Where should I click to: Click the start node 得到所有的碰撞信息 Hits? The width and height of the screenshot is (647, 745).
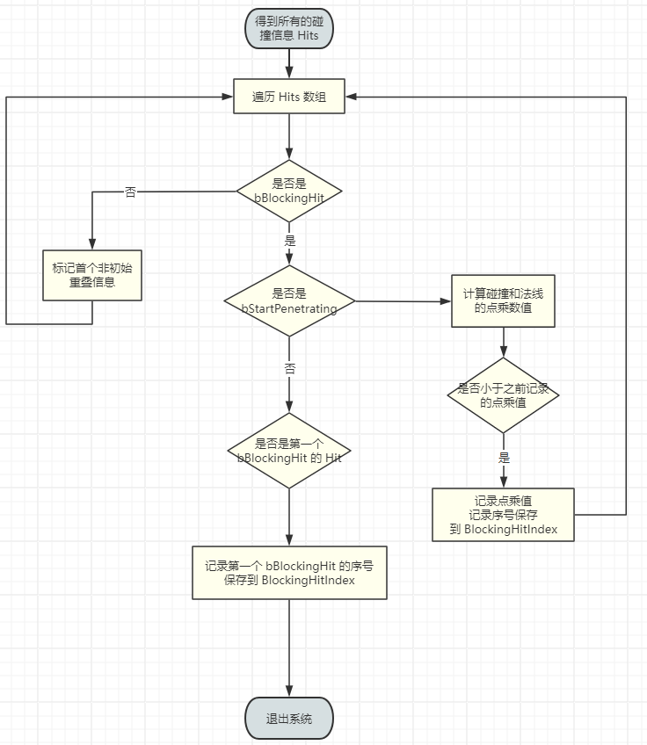pyautogui.click(x=288, y=27)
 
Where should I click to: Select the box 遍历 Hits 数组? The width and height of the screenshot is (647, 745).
pyautogui.click(x=288, y=97)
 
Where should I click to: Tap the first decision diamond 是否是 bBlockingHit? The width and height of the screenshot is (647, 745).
pyautogui.click(x=288, y=191)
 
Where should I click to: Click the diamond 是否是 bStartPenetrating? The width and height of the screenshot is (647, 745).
pyautogui.click(x=288, y=300)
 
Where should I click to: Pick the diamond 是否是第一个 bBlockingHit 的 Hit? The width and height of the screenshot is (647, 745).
pyautogui.click(x=288, y=451)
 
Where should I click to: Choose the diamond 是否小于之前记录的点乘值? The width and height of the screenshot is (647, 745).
pyautogui.click(x=503, y=394)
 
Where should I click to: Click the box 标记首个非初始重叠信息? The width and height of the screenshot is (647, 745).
pyautogui.click(x=91, y=275)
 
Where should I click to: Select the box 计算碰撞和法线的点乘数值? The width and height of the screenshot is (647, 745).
pyautogui.click(x=503, y=301)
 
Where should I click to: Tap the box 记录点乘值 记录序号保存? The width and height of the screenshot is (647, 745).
pyautogui.click(x=503, y=514)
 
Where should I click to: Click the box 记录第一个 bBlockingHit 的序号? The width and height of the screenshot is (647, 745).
pyautogui.click(x=289, y=573)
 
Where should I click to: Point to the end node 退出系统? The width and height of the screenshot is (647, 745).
pyautogui.click(x=288, y=720)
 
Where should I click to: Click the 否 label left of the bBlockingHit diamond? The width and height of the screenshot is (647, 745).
pyautogui.click(x=130, y=192)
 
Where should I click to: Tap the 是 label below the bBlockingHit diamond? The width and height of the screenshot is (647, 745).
pyautogui.click(x=289, y=240)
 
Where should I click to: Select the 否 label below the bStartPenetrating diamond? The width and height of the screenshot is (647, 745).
pyautogui.click(x=289, y=369)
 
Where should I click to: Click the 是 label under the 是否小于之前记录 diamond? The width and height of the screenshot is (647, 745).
pyautogui.click(x=504, y=458)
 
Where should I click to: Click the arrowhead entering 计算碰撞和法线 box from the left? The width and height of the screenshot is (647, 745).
pyautogui.click(x=446, y=301)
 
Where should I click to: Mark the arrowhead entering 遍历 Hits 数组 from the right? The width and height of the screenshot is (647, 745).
pyautogui.click(x=352, y=97)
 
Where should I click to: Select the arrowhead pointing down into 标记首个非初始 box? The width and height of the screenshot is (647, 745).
pyautogui.click(x=91, y=245)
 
